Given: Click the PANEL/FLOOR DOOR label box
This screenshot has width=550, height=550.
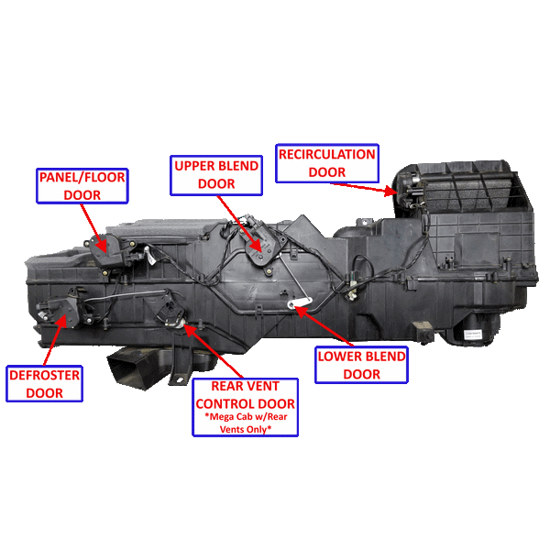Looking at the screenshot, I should pyautogui.click(x=82, y=185).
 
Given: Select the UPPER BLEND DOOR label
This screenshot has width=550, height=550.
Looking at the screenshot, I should pyautogui.click(x=215, y=174).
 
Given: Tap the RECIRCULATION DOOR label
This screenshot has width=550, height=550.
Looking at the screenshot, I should pyautogui.click(x=327, y=162).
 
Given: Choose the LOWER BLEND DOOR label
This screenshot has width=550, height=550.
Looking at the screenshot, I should pyautogui.click(x=361, y=365).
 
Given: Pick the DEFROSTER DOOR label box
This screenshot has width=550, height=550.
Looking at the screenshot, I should pyautogui.click(x=44, y=384).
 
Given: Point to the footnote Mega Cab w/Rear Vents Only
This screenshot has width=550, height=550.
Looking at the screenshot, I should pyautogui.click(x=246, y=423).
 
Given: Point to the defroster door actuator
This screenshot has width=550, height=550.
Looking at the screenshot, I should pyautogui.click(x=70, y=312).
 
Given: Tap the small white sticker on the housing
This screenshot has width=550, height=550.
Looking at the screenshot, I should pyautogui.click(x=471, y=335).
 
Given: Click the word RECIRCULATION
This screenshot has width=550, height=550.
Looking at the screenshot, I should pyautogui.click(x=327, y=154).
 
